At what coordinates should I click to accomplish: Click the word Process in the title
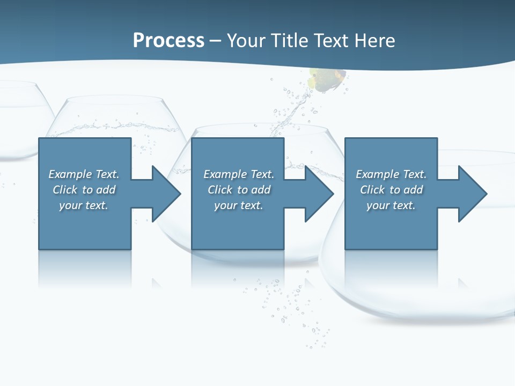click(x=168, y=41)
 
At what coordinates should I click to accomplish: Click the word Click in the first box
click(x=65, y=190)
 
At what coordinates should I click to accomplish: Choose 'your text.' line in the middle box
click(x=239, y=205)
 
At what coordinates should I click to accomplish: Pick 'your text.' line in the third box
click(x=391, y=205)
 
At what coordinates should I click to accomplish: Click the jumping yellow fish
click(x=326, y=79)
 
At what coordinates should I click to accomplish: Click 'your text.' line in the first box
click(x=84, y=205)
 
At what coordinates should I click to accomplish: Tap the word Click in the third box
click(x=372, y=190)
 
